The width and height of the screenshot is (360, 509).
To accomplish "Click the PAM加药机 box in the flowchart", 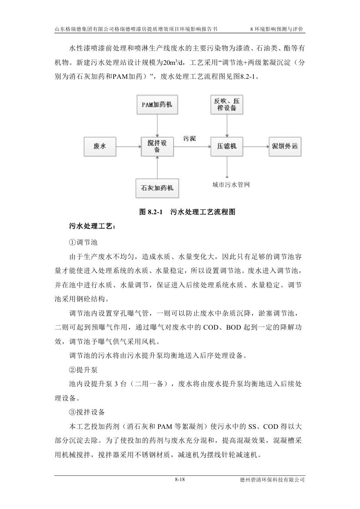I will click(x=157, y=104).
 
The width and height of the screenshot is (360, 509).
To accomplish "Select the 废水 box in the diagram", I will click(x=100, y=147).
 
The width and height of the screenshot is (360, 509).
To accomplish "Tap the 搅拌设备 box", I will click(x=157, y=146).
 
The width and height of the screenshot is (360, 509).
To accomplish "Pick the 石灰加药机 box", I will click(x=157, y=188).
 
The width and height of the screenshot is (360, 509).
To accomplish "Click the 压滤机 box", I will click(x=226, y=147).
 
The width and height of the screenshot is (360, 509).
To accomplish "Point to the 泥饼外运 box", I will click(x=284, y=147).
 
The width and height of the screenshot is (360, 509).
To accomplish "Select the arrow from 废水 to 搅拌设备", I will click(x=129, y=147).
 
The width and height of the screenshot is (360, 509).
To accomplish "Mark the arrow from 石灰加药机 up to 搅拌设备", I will click(x=157, y=168).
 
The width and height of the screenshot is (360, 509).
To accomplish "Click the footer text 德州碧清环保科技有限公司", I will click(x=272, y=480).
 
